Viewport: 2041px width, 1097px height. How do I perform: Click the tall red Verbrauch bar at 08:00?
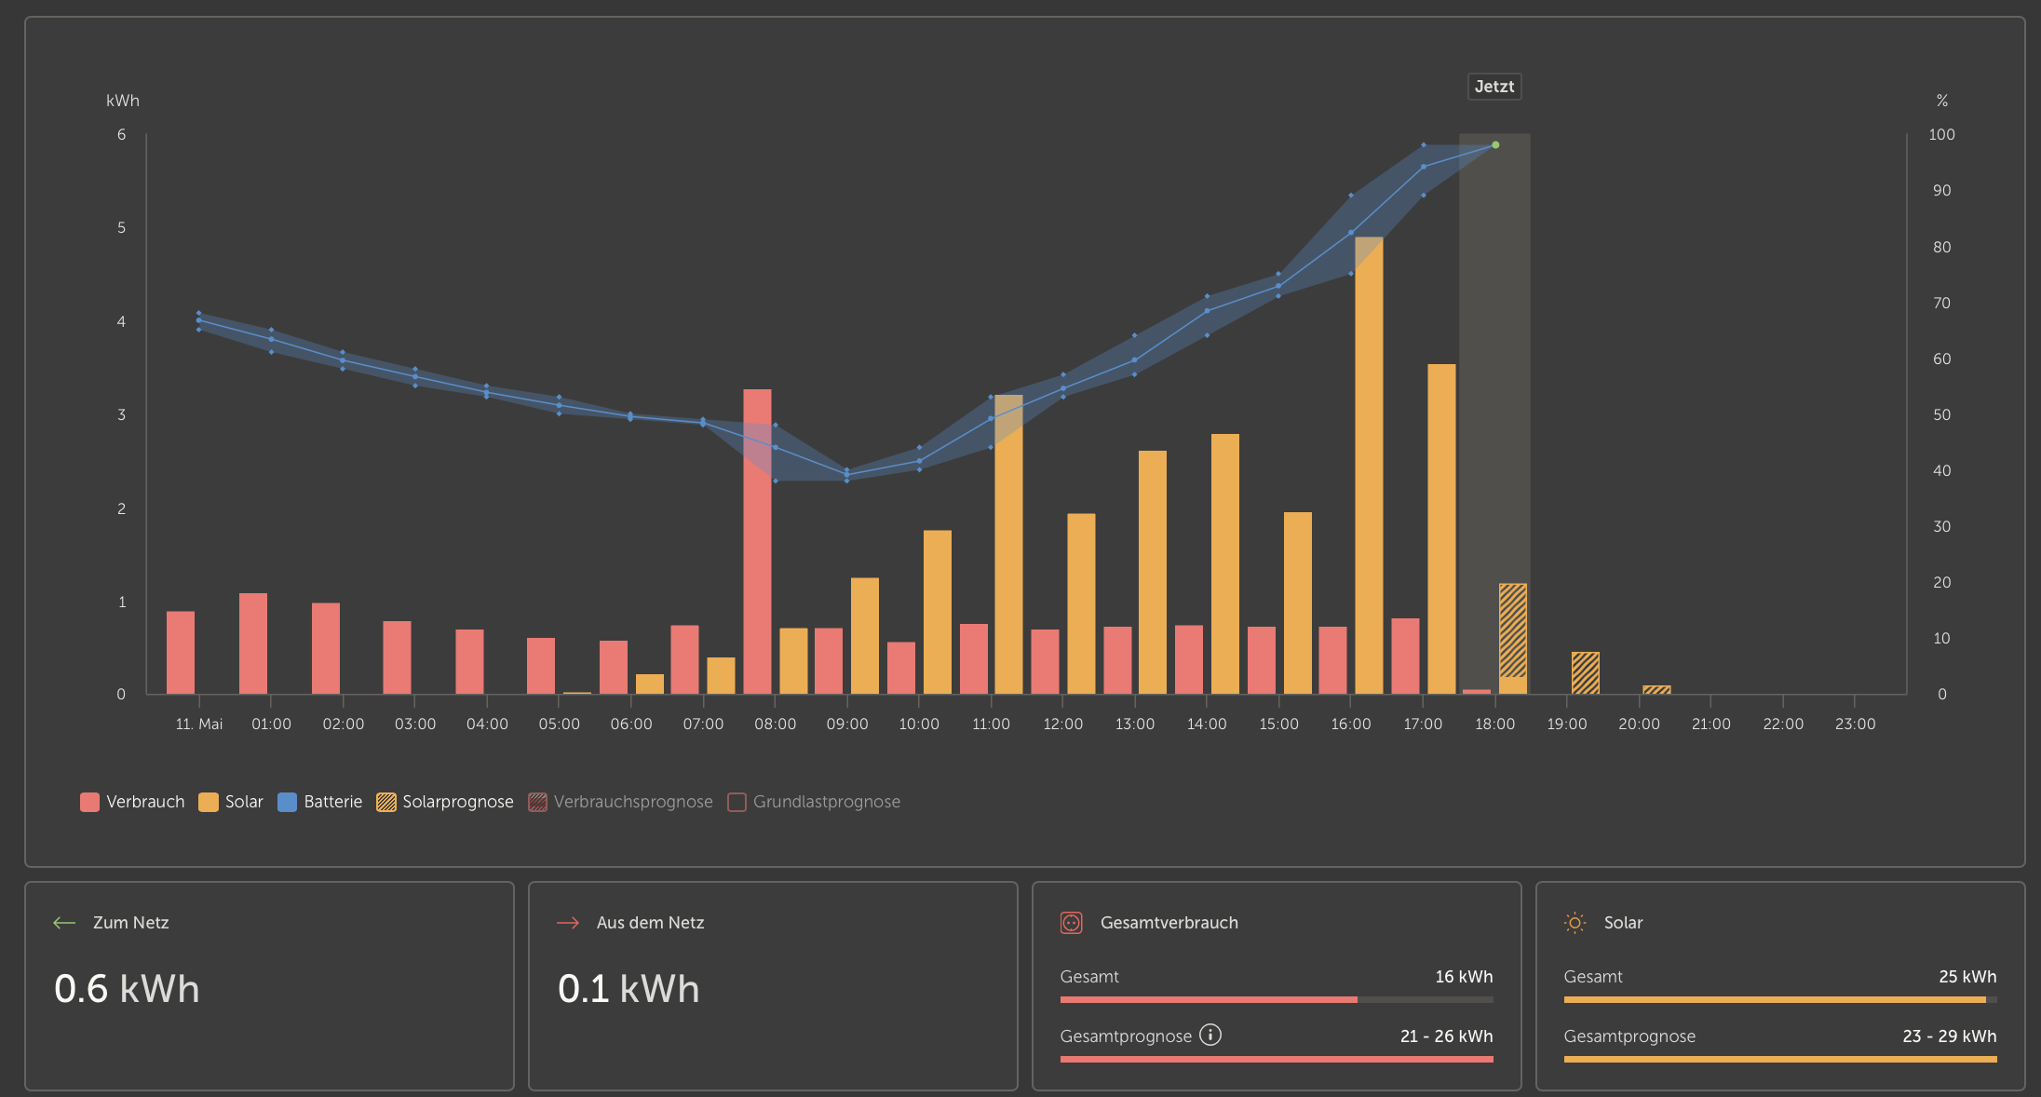tap(757, 541)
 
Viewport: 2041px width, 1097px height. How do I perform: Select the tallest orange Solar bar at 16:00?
tap(1369, 466)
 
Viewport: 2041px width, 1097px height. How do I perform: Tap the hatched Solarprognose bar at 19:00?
tap(1586, 673)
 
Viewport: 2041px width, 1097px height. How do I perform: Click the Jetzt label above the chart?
tap(1494, 87)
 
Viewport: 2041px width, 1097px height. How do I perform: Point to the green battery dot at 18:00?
tap(1495, 145)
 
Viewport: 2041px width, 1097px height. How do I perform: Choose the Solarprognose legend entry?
tap(445, 802)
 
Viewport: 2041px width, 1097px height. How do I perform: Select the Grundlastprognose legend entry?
tap(814, 802)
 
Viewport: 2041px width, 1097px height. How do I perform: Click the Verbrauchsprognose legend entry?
tap(620, 802)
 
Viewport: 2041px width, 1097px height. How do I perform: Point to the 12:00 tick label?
tap(1063, 725)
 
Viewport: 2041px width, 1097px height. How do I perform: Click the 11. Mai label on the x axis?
tap(199, 725)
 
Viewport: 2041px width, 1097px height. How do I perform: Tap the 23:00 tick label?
tap(1855, 725)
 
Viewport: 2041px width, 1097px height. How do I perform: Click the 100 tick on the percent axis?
tap(1941, 135)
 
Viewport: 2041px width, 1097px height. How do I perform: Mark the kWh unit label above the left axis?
tap(123, 101)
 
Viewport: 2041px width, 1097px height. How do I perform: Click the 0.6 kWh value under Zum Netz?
tap(127, 989)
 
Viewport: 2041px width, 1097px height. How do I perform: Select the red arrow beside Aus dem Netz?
tap(568, 923)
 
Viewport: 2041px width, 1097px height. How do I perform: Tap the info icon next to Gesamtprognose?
tap(1210, 1035)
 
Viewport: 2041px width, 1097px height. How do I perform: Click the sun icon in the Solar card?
tap(1575, 923)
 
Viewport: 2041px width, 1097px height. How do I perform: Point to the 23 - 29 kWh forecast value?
tap(1950, 1036)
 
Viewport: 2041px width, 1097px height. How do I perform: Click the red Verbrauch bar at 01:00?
tap(253, 643)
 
